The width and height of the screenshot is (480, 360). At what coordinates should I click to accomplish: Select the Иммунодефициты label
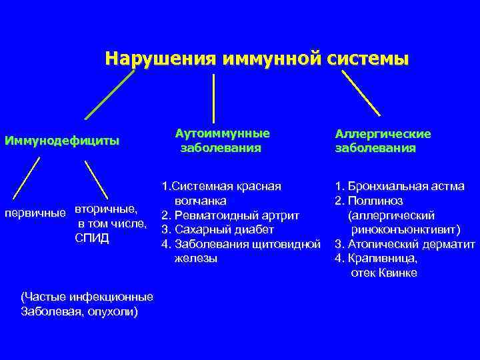[x=62, y=141]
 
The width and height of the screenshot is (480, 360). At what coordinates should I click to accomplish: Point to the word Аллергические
[x=383, y=134]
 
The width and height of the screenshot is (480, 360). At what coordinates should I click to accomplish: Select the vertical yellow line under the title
[x=213, y=98]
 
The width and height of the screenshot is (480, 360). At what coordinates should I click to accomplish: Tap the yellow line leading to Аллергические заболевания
[x=362, y=94]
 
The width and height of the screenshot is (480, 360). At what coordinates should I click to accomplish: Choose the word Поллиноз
[x=379, y=201]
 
